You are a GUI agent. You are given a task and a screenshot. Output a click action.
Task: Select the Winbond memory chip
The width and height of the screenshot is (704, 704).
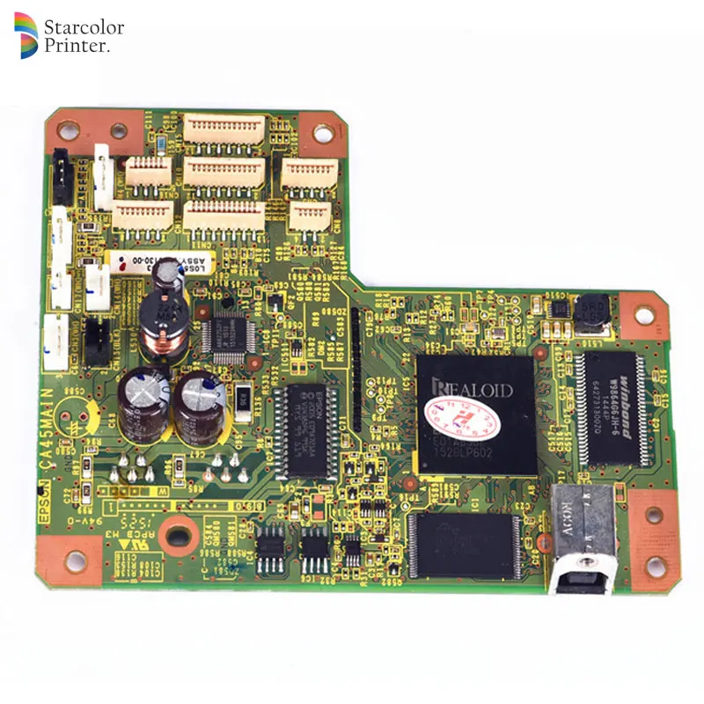pyautogui.click(x=612, y=405)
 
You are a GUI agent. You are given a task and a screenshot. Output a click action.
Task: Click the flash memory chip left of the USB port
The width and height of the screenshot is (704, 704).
pyautogui.click(x=463, y=546)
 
